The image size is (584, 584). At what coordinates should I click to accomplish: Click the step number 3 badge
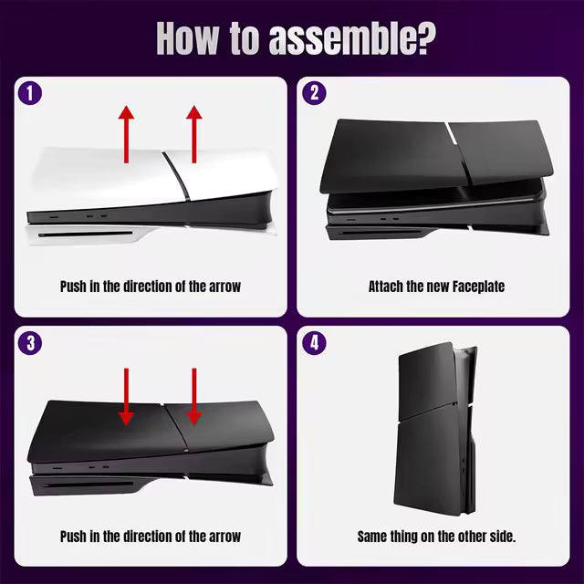point(30,343)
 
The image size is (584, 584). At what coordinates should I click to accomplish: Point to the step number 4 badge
point(314,343)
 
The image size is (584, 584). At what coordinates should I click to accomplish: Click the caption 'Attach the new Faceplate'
point(436,287)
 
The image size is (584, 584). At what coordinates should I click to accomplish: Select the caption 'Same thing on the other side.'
point(436,537)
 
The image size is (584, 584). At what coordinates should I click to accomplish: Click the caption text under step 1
point(151,287)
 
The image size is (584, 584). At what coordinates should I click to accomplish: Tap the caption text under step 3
point(151,537)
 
